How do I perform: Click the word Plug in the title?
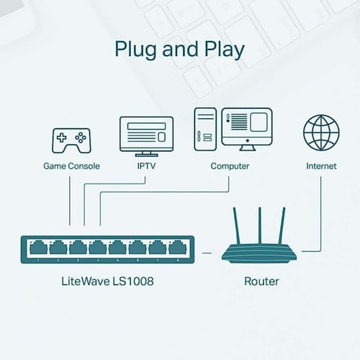136,50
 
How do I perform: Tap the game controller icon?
70,139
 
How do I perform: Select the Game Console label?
70,166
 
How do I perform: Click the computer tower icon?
204,130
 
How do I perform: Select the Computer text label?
230,166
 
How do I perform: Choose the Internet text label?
320,166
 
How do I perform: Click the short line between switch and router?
207,252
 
